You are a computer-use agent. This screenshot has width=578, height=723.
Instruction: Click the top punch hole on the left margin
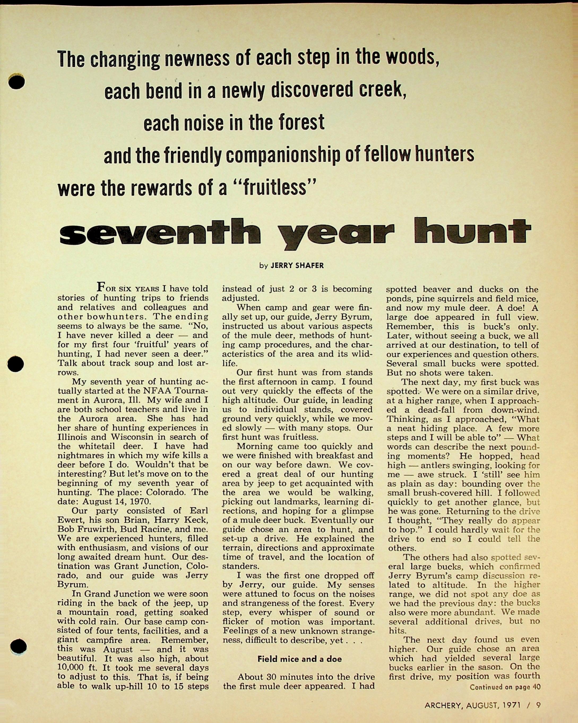[16, 82]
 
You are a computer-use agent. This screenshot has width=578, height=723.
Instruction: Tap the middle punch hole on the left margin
[16, 364]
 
